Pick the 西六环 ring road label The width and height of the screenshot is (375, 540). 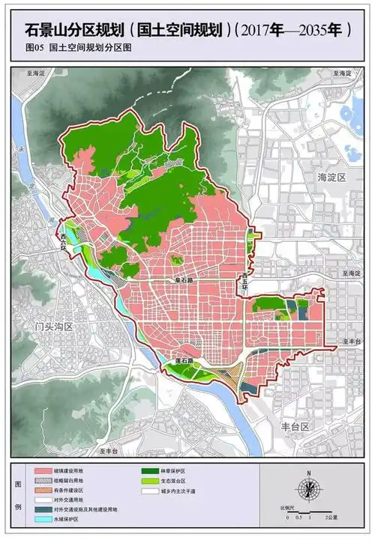[x=58, y=241]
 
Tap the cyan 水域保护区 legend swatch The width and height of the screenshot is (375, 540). [x=48, y=518]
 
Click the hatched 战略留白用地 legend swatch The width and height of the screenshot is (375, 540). [x=48, y=480]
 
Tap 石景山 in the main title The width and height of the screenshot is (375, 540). [x=39, y=30]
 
